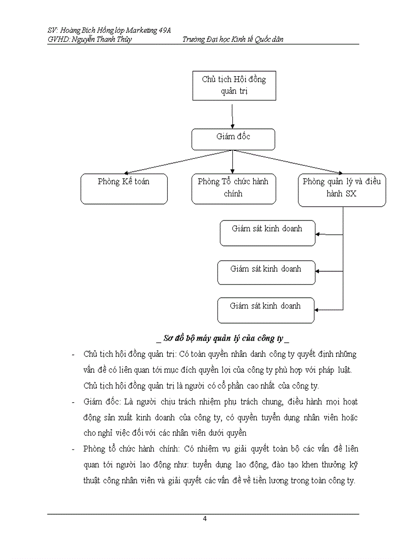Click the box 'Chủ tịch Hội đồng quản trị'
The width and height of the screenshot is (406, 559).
[234, 85]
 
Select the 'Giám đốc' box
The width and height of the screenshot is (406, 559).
[233, 139]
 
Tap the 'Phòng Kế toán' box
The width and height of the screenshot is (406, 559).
[124, 189]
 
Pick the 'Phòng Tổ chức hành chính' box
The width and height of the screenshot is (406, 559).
[233, 189]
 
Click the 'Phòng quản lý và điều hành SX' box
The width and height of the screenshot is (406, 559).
[342, 190]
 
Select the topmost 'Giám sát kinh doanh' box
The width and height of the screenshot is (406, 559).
[267, 233]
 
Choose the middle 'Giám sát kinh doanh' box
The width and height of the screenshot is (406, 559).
[266, 272]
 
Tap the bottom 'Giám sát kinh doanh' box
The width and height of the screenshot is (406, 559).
[266, 310]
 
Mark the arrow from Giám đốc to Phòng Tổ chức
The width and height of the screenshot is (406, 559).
[232, 162]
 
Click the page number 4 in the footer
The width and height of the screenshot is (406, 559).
[204, 519]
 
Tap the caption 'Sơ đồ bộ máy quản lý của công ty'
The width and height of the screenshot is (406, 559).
[223, 339]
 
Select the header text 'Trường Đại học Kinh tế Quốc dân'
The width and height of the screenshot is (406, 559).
[233, 39]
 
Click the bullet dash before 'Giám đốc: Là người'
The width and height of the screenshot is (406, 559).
[74, 402]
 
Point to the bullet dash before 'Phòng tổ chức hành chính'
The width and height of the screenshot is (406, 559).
[74, 449]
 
